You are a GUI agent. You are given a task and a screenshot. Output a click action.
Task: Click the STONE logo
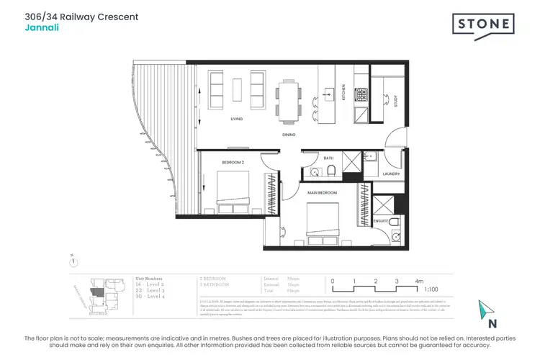(484, 25)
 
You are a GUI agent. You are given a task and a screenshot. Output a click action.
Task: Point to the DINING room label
(290, 135)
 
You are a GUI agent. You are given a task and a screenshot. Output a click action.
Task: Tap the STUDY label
(395, 101)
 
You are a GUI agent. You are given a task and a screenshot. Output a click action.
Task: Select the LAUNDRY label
(391, 174)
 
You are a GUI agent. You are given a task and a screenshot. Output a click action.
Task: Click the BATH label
(328, 158)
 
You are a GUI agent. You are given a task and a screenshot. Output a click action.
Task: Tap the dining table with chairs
(289, 98)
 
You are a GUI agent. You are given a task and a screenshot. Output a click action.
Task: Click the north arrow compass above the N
(484, 309)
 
